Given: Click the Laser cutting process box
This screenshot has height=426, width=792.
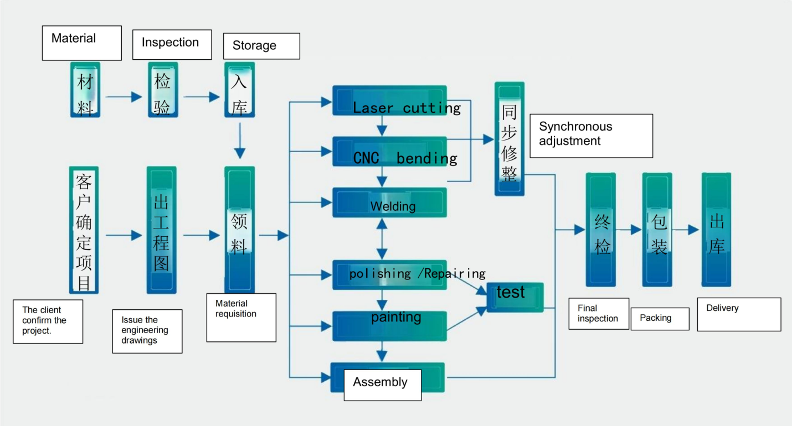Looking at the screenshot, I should pos(389,100).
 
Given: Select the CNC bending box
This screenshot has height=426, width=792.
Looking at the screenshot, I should pos(389,152).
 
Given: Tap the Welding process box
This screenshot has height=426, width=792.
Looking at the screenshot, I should pos(389,202).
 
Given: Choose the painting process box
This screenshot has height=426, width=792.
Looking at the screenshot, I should pos(389,326).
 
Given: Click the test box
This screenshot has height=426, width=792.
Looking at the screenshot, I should pos(515,297).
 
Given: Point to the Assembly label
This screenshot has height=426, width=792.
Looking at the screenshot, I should pos(382,385).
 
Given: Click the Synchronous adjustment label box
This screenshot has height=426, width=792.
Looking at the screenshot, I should pos(591,136).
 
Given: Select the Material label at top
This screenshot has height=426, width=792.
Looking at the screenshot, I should pos(81,43).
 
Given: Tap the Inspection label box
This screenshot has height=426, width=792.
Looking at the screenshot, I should pos(172,44).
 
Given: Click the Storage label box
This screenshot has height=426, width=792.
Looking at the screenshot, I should pos(261,46).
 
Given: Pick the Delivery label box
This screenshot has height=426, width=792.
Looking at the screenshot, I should pos(739,314).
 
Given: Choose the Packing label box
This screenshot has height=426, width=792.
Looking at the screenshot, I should pos(660,319).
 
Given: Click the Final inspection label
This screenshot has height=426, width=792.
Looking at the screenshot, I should pos(599,314).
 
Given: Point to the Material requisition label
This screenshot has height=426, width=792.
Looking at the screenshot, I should pos(241,317).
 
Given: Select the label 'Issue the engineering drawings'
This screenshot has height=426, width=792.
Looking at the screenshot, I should pos(147,331).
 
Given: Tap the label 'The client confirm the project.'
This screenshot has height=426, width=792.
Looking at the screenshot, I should pos(48,321).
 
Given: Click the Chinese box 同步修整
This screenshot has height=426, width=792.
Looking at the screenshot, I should pos(509,139).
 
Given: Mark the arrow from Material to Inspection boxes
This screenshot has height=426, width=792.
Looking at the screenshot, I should pos(124,97).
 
